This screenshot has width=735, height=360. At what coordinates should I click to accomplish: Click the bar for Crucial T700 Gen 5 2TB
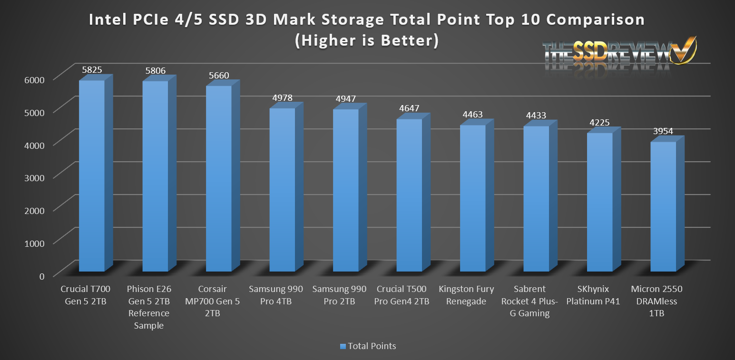pos(91,176)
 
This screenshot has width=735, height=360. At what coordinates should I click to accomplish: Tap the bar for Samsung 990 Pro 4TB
pos(282,190)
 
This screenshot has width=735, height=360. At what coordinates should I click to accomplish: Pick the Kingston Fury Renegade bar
pos(473,198)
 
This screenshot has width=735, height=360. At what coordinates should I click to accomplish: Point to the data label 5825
pos(91,70)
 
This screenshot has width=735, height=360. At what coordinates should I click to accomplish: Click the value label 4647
pos(409,108)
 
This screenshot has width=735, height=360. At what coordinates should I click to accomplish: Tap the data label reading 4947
pos(345,99)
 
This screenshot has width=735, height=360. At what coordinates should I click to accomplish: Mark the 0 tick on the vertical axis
pos(42,276)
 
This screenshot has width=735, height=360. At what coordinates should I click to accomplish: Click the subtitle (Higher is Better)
pos(366,41)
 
